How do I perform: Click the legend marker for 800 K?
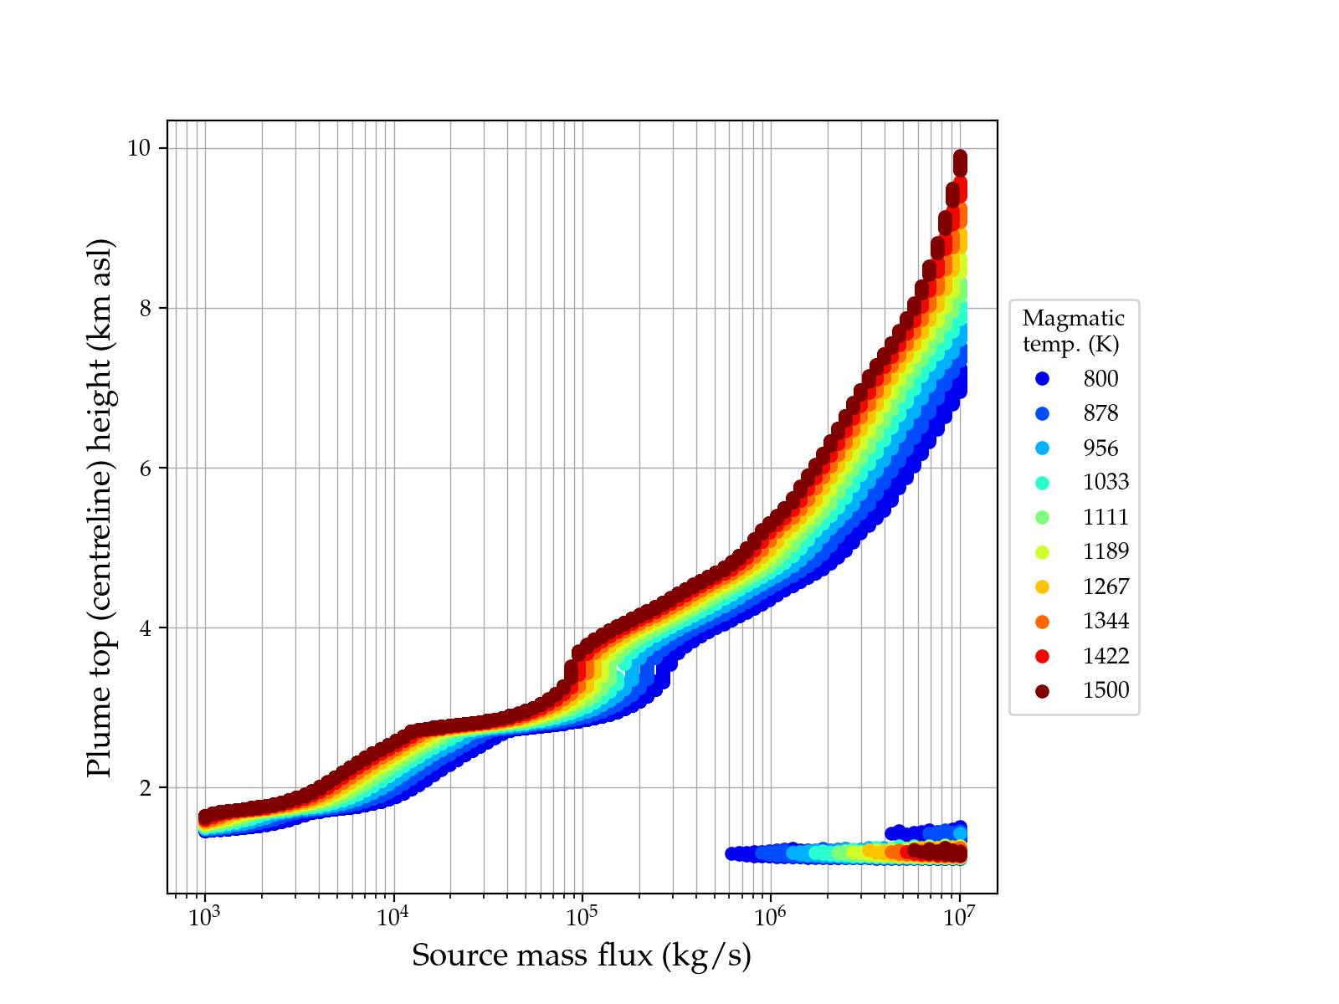[x=1042, y=379]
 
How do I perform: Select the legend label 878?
[x=1100, y=413]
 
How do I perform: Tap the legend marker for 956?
[x=1042, y=448]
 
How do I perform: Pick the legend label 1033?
[x=1106, y=483]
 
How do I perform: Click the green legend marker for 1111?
[x=1042, y=517]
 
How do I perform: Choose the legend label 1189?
[x=1106, y=552]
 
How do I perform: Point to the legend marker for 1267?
[x=1042, y=587]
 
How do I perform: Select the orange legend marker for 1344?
[x=1042, y=622]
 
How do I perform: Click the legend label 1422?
[x=1106, y=657]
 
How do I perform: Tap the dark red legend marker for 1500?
[x=1042, y=691]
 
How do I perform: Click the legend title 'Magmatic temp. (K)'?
[x=1073, y=331]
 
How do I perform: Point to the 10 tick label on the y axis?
[x=138, y=149]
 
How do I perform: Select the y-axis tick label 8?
[x=143, y=309]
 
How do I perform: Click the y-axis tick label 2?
[x=143, y=788]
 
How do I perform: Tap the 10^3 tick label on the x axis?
[x=203, y=918]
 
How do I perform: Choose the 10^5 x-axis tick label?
[x=582, y=918]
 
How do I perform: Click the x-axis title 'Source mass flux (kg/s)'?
[x=582, y=955]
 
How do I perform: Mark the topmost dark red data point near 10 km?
[x=960, y=157]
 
